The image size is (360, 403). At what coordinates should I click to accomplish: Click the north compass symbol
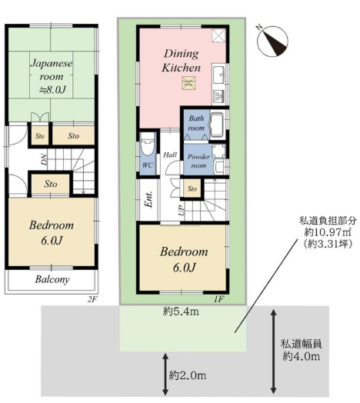pyautogui.click(x=272, y=41)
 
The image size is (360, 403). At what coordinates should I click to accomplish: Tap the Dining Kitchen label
pyautogui.click(x=182, y=61)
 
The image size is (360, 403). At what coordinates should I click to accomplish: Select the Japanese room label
pyautogui.click(x=52, y=76)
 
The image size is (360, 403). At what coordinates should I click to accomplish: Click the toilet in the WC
pyautogui.click(x=148, y=145)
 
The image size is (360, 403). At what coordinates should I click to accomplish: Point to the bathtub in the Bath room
pyautogui.click(x=218, y=125)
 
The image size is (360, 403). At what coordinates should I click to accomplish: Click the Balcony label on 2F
pyautogui.click(x=52, y=279)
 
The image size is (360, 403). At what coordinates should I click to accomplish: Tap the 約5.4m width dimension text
pyautogui.click(x=181, y=311)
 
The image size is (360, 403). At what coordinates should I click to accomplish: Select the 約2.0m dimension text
pyautogui.click(x=188, y=376)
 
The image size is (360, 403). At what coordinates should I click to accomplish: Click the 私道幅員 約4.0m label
pyautogui.click(x=301, y=350)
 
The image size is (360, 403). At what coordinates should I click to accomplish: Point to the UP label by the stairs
pyautogui.click(x=182, y=210)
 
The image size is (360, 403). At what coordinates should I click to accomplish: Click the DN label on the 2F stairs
pyautogui.click(x=44, y=159)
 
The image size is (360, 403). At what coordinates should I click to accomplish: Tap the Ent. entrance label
pyautogui.click(x=149, y=199)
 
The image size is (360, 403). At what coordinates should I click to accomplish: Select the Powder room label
pyautogui.click(x=198, y=161)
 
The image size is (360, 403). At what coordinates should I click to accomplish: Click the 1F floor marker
pyautogui.click(x=219, y=299)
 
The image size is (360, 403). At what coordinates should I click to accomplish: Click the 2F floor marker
pyautogui.click(x=93, y=299)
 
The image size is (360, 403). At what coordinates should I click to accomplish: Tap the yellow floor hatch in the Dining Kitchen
pyautogui.click(x=188, y=83)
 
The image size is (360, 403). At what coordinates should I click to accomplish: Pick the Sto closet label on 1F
pyautogui.click(x=192, y=189)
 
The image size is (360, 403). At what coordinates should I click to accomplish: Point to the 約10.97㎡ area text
pyautogui.click(x=328, y=232)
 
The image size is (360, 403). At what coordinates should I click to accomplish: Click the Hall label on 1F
pyautogui.click(x=170, y=155)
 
